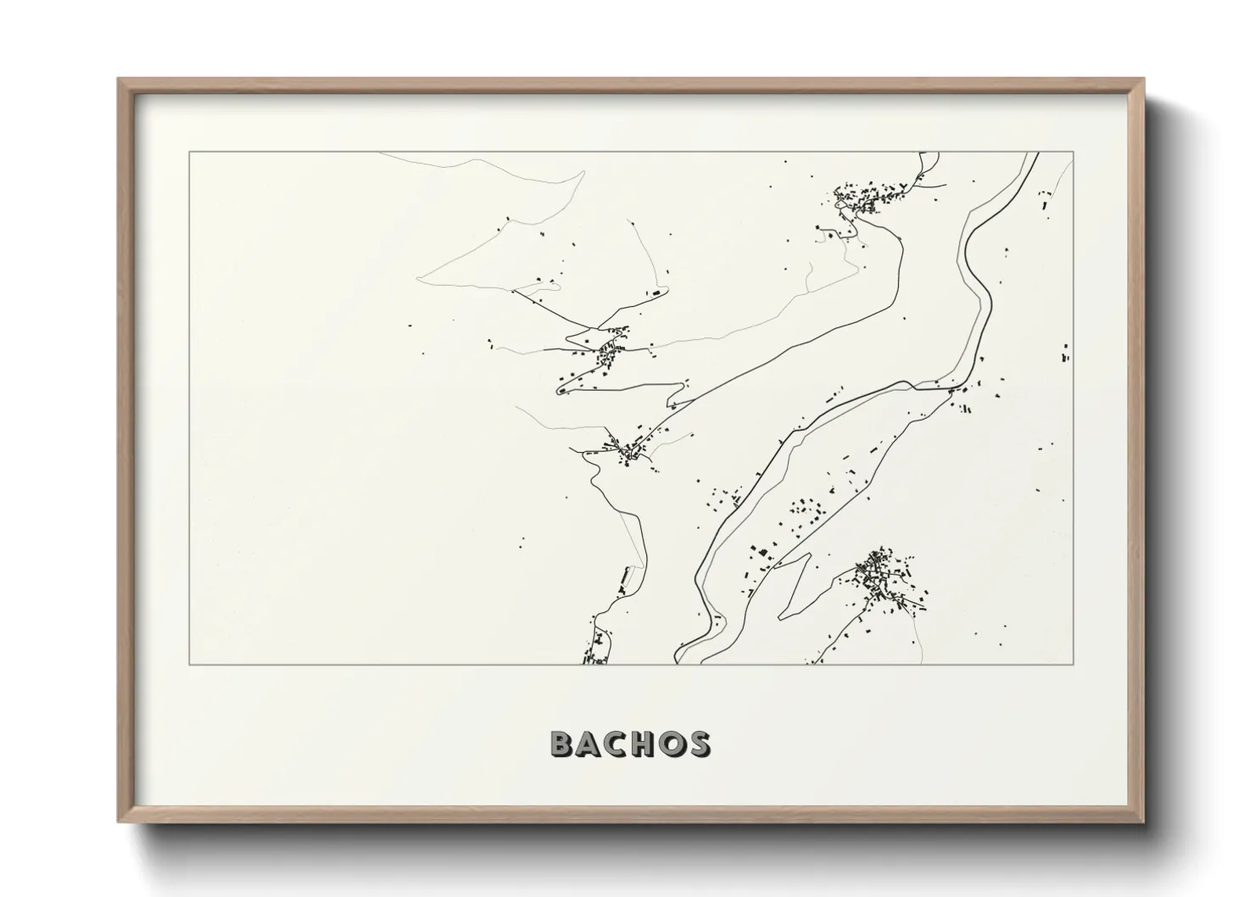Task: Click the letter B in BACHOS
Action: (563, 744)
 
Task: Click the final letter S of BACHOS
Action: (700, 744)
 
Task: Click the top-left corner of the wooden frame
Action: (119, 80)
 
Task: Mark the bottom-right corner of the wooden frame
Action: (1143, 822)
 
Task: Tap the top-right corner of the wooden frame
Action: (1143, 80)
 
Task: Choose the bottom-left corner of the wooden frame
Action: (119, 822)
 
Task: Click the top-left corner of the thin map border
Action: (189, 153)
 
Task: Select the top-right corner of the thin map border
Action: (1074, 153)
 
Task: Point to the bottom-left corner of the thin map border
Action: (189, 665)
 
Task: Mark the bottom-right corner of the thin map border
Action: (1074, 665)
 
